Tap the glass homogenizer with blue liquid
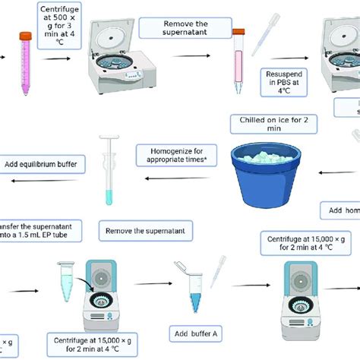(x=106, y=170)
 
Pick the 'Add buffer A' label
(x=191, y=332)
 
